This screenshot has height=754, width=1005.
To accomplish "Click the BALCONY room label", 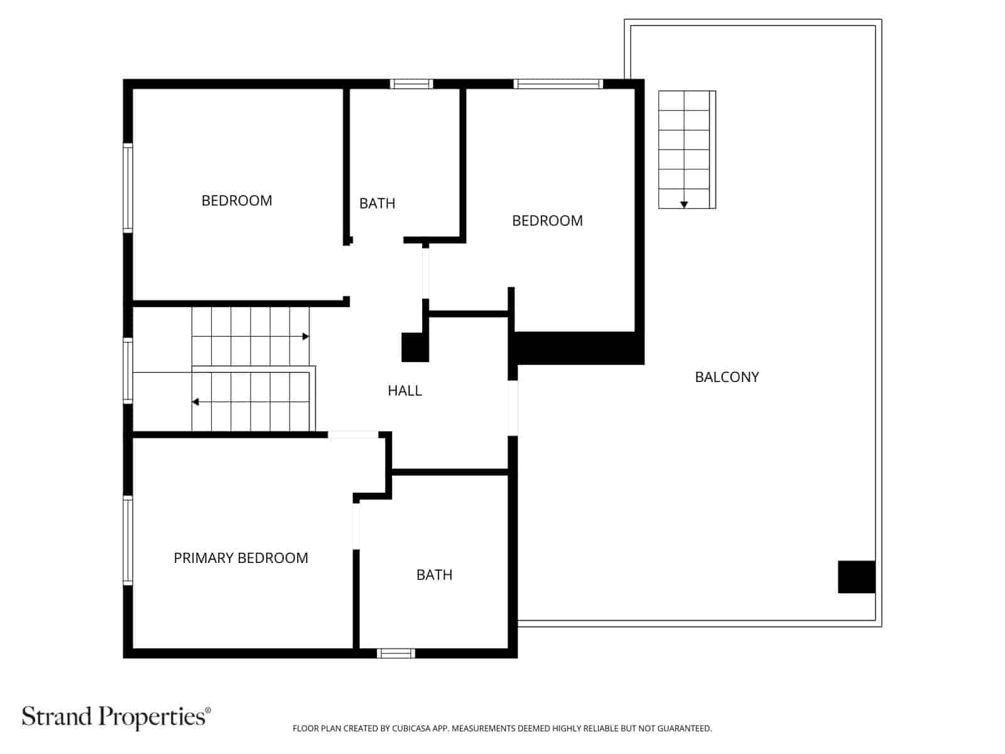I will click(x=727, y=377).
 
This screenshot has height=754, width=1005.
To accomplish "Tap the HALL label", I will click(x=405, y=391).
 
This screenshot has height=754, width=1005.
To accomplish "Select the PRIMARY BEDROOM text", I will click(x=241, y=558).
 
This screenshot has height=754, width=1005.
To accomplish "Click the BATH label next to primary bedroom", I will click(x=434, y=575).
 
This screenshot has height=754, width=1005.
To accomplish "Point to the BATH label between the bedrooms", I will click(x=377, y=204).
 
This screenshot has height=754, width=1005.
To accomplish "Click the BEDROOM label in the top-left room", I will click(x=237, y=200).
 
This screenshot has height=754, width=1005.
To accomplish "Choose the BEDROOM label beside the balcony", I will click(x=547, y=221).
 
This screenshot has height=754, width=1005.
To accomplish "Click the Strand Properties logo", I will click(x=116, y=716).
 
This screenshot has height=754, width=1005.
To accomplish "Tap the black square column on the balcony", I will click(x=856, y=577).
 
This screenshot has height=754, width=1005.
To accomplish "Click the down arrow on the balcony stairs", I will click(x=684, y=204).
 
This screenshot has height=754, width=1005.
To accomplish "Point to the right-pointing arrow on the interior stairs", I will click(x=305, y=337).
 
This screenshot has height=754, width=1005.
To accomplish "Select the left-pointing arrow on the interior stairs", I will click(x=196, y=402).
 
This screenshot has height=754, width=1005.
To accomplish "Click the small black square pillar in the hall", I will click(x=415, y=347).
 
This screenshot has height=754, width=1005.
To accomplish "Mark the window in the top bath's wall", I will click(x=411, y=84).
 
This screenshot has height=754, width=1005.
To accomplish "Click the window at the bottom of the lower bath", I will click(x=396, y=653).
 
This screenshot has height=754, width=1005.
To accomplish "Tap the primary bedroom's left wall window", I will click(x=128, y=540).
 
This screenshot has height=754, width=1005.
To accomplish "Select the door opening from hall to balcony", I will click(x=513, y=408).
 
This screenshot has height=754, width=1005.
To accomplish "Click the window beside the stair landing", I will click(x=128, y=371).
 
